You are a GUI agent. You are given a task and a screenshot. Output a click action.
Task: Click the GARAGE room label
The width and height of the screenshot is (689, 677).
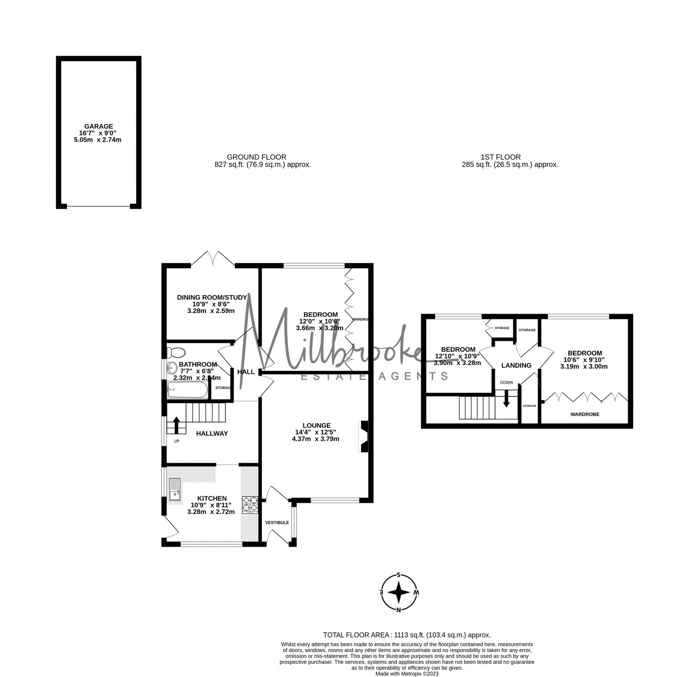click(98, 126)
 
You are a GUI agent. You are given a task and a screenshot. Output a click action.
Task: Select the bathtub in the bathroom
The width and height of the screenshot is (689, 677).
click(187, 390)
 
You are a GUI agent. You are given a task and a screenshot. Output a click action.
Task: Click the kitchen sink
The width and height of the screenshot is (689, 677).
click(175, 489)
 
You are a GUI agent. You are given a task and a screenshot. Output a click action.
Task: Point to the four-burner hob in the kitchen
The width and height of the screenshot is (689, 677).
click(250, 505)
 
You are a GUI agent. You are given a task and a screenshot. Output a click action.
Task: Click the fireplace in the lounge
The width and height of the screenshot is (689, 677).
click(363, 436)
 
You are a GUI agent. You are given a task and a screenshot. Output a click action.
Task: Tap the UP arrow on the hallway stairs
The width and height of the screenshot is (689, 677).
click(176, 424)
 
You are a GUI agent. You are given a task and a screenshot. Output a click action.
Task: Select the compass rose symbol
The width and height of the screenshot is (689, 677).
click(398, 592)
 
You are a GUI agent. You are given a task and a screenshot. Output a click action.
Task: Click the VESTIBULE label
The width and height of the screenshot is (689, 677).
click(277, 522)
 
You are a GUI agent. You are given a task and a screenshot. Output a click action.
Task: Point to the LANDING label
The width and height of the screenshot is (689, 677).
click(516, 365)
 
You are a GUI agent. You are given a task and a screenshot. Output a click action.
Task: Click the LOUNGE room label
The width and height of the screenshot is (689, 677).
click(316, 425)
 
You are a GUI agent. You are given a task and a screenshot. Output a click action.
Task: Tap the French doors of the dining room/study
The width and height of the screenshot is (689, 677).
click(213, 260)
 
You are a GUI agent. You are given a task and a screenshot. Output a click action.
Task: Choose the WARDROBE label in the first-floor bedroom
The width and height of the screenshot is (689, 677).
click(584, 414)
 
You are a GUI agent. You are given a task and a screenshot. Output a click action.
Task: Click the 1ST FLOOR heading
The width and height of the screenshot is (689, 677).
click(500, 157)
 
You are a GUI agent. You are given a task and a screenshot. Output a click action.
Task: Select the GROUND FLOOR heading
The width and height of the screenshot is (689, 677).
click(256, 157)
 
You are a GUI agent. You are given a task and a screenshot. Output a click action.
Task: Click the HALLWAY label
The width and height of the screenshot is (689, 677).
click(212, 433)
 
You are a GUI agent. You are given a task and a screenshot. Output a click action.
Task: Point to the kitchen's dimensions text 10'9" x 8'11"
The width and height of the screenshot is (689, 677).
click(211, 505)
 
